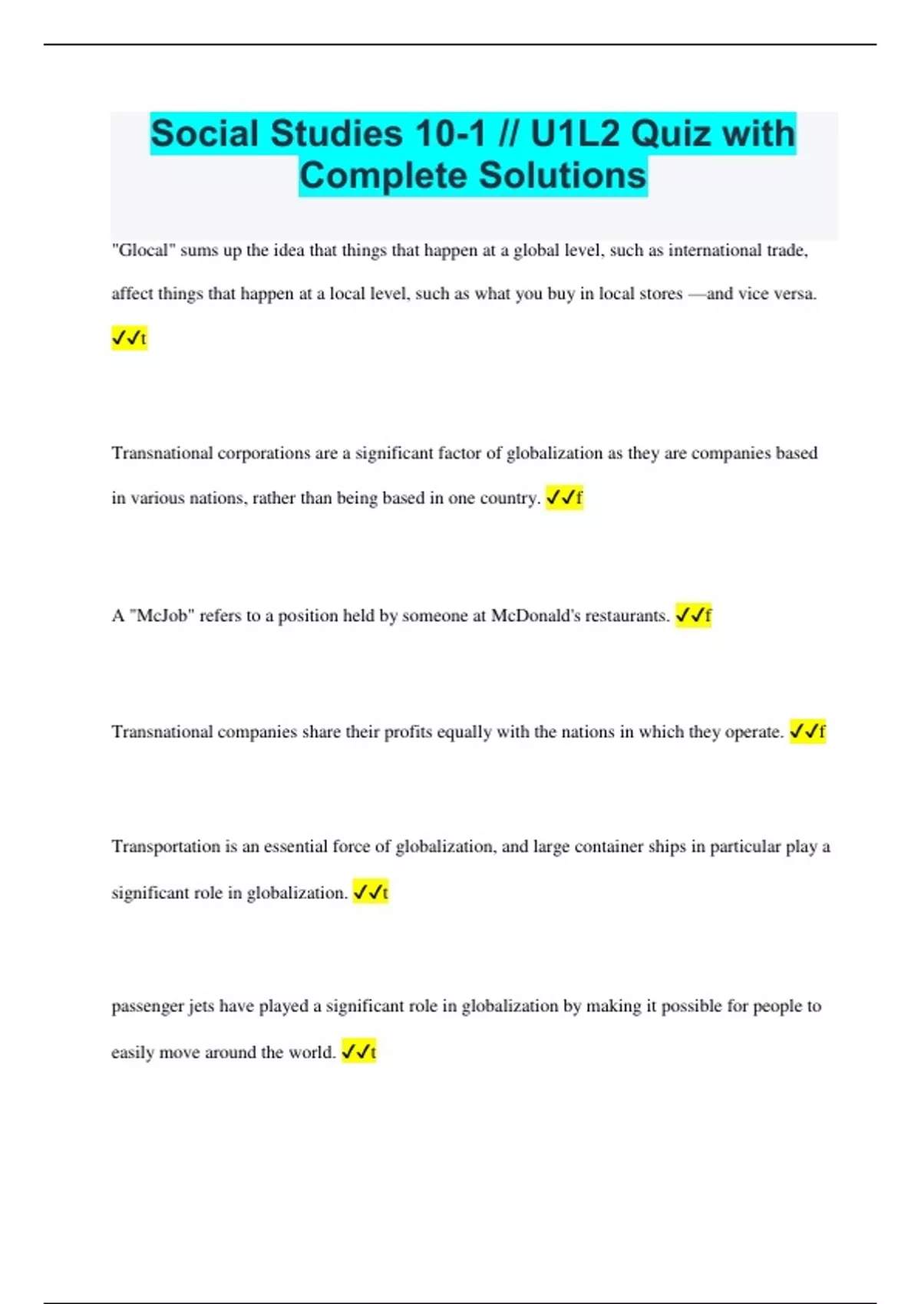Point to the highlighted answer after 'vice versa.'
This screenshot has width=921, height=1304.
[129, 338]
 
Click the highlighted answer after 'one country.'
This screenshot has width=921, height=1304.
[564, 498]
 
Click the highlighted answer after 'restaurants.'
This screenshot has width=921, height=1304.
[693, 615]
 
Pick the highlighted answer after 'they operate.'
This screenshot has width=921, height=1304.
[807, 732]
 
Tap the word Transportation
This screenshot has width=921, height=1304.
[165, 847]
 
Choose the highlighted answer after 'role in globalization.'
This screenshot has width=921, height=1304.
[371, 892]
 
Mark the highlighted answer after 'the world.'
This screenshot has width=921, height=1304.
[358, 1052]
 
